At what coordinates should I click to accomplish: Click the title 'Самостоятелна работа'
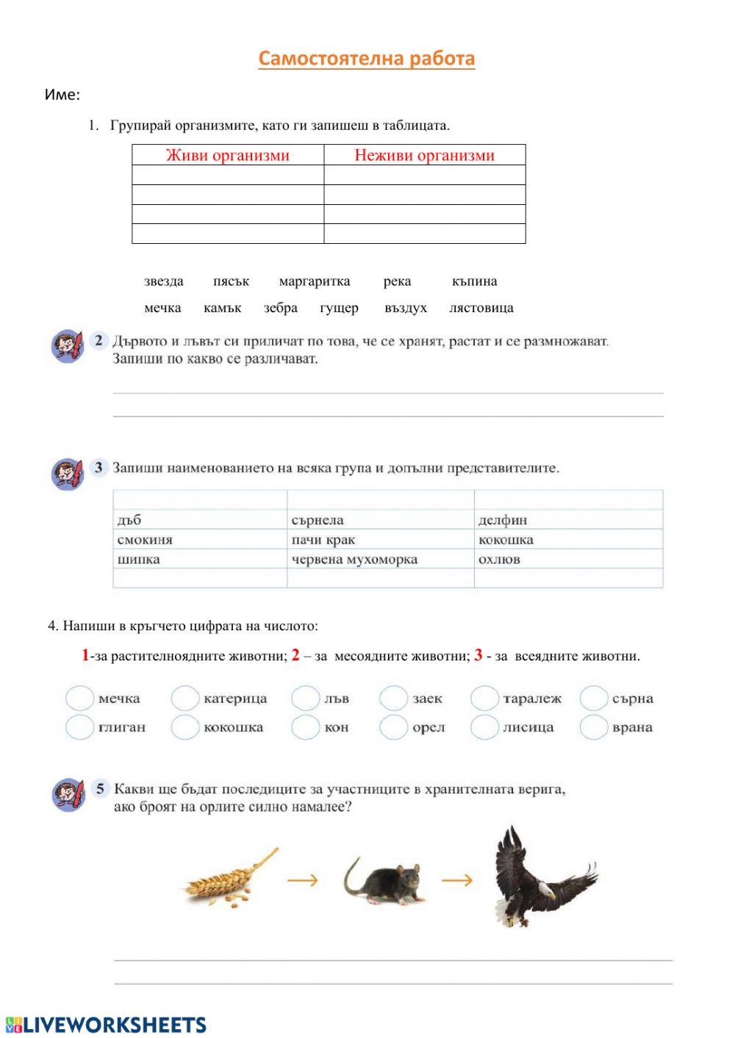(367, 59)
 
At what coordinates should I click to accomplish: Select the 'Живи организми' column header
(228, 155)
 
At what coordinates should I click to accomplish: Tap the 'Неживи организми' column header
(424, 155)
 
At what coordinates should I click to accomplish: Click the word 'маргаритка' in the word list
(315, 281)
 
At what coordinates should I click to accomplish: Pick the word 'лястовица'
(481, 308)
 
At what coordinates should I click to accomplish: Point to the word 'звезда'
(164, 281)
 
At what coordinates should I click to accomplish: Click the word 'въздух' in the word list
(406, 308)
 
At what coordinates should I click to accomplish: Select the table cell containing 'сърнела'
(380, 520)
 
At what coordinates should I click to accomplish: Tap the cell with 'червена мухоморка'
(380, 559)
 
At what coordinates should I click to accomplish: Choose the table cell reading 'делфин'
(568, 520)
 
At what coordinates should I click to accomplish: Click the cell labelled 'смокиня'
(199, 540)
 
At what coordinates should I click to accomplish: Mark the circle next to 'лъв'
(305, 699)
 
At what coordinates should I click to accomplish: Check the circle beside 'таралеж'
(484, 699)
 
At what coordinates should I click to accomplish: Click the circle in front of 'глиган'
(79, 727)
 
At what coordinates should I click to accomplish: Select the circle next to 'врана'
(593, 727)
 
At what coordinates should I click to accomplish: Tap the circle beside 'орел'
(393, 727)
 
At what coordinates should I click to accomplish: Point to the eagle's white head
(543, 892)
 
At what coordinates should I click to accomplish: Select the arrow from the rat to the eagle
(456, 879)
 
